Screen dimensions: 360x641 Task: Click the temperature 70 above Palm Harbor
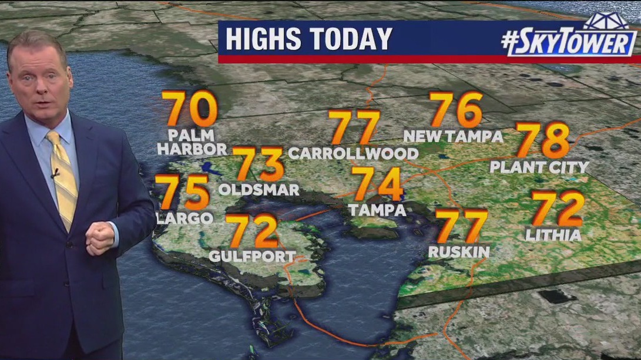click(190, 109)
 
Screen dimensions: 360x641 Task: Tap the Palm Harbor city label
click(192, 143)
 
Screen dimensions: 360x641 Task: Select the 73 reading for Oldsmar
click(260, 164)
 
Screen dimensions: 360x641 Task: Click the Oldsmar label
click(259, 190)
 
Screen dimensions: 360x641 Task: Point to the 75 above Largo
click(184, 193)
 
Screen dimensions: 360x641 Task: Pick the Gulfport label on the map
click(253, 257)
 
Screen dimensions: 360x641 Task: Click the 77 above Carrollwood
click(354, 127)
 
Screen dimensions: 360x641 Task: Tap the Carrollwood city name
click(353, 154)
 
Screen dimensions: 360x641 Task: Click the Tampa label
click(377, 210)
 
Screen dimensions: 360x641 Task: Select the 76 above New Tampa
click(456, 110)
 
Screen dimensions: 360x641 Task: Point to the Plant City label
click(539, 167)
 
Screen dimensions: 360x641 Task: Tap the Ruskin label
click(459, 252)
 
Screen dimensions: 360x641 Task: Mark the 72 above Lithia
click(558, 209)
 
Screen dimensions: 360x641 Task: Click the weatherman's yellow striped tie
click(63, 177)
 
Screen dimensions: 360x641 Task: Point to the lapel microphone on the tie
click(55, 173)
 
